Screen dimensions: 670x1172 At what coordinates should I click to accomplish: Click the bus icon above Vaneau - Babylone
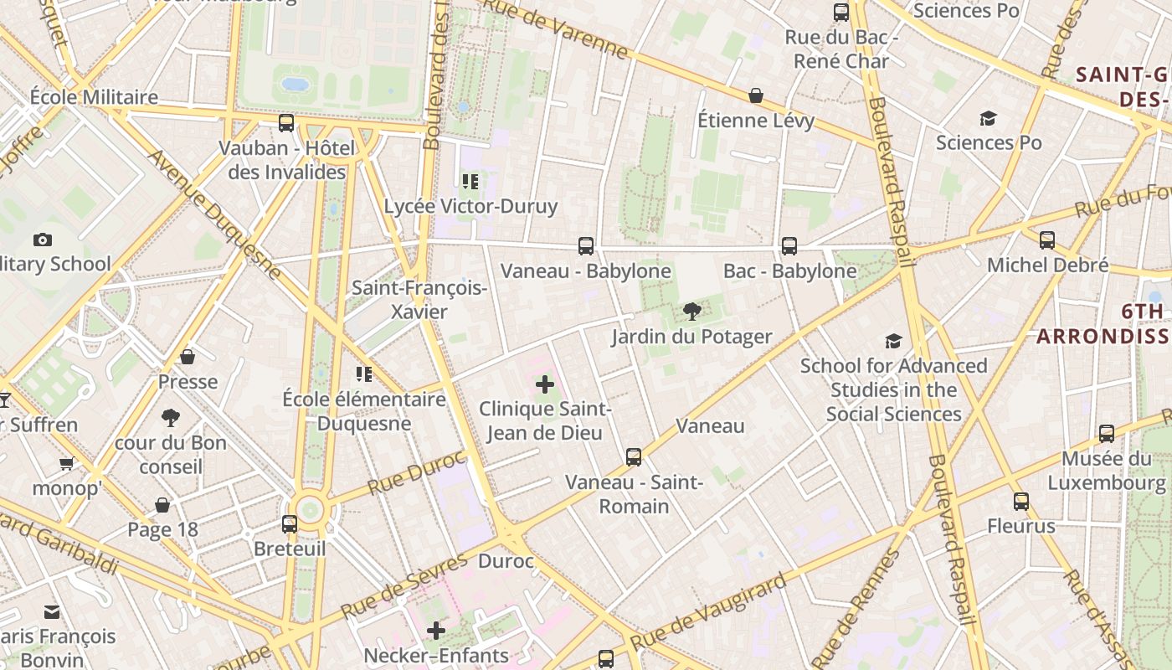point(586,246)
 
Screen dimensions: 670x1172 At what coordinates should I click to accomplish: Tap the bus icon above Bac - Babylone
point(789,246)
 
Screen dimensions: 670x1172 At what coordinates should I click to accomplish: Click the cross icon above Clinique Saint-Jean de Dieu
point(545,385)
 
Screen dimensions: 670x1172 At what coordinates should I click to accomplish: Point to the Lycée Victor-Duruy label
point(470,206)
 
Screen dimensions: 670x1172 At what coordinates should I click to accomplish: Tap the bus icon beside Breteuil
point(290,524)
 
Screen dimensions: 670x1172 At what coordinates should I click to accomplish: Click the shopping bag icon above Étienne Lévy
point(756,96)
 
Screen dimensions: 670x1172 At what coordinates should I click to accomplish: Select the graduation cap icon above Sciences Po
point(989,119)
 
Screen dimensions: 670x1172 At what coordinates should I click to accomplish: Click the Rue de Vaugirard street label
point(708,611)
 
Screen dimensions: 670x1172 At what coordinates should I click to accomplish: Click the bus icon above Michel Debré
point(1047,240)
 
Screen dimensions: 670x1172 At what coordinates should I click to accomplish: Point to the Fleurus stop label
point(1021,527)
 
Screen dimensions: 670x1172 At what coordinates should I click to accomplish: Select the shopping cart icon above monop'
point(66,463)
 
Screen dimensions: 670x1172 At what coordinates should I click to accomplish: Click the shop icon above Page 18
point(162,505)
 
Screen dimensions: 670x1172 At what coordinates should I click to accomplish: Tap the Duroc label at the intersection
point(506,561)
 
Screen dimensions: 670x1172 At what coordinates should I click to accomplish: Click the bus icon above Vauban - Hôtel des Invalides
point(286,123)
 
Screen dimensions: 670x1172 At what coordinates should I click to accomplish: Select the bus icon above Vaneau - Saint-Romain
point(634,457)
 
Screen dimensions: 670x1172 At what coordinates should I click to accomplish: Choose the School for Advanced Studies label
point(894,390)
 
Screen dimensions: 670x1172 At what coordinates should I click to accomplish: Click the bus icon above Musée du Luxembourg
point(1107,434)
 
